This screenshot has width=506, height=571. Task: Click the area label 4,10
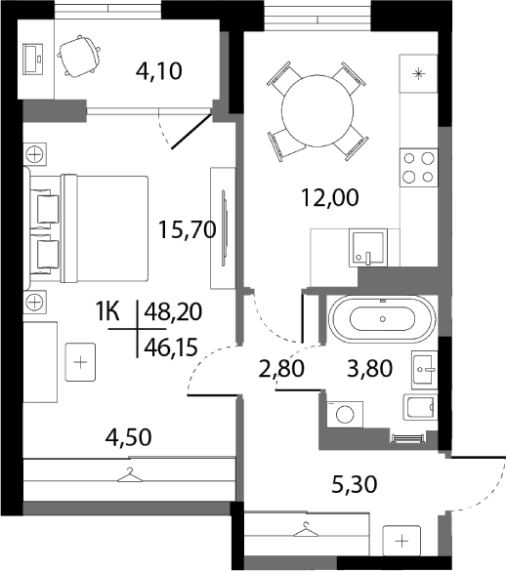coord(158,71)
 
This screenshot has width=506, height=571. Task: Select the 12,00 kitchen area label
coord(329,197)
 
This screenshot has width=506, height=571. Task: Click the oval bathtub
coord(380,319)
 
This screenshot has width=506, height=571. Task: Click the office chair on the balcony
coord(79,57)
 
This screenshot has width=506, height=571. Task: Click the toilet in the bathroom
coord(419,410)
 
